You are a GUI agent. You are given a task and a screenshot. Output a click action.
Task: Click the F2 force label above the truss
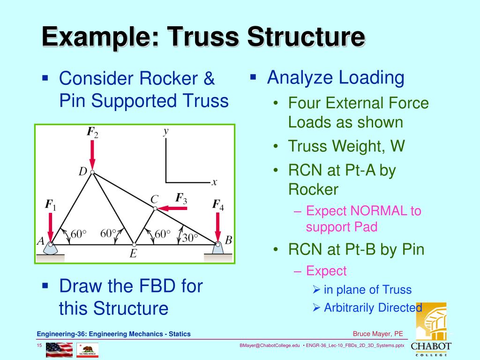pyautogui.click(x=92, y=132)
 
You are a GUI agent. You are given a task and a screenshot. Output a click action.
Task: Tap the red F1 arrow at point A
pyautogui.click(x=52, y=225)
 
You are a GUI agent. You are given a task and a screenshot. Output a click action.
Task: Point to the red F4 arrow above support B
pyautogui.click(x=218, y=226)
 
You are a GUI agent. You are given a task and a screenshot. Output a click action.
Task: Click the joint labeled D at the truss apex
pyautogui.click(x=92, y=172)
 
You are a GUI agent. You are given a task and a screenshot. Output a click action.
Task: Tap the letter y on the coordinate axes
pyautogui.click(x=165, y=131)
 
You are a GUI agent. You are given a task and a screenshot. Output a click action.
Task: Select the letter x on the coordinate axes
pyautogui.click(x=214, y=182)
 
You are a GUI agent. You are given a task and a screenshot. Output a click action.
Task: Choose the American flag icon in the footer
pyautogui.click(x=59, y=350)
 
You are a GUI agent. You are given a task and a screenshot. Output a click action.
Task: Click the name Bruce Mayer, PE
pyautogui.click(x=378, y=334)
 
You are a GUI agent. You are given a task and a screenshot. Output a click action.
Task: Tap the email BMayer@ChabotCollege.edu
pyautogui.click(x=270, y=346)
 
